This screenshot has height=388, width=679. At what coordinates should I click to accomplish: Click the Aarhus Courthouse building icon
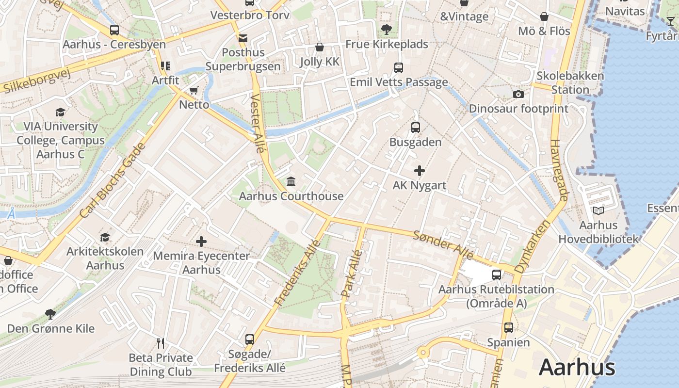coord(291,182)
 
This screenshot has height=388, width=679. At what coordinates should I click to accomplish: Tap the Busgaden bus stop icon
coord(416,128)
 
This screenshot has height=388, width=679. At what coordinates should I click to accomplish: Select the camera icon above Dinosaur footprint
coord(518,94)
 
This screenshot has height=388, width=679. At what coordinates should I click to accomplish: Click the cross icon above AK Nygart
coord(420,171)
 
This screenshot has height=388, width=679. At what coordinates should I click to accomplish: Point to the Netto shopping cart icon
coord(194,90)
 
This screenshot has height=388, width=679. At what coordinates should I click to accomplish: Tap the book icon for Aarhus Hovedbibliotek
coord(598,211)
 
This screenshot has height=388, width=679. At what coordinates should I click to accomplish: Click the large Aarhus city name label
coord(577,367)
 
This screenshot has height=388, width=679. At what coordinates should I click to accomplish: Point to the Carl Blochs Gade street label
coord(113,180)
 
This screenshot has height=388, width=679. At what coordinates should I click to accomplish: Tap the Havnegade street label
coord(558,171)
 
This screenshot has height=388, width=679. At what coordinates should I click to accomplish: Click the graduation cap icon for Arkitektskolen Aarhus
coord(105,237)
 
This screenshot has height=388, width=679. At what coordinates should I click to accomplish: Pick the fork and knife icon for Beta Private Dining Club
coord(161,343)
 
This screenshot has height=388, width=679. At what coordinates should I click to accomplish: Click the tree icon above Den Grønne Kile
coord(50,314)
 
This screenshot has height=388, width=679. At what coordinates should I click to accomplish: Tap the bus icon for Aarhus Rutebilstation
coord(497,275)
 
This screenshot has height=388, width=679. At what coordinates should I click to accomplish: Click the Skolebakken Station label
coord(570,83)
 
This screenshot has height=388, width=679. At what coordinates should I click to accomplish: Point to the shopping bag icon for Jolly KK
coord(320,47)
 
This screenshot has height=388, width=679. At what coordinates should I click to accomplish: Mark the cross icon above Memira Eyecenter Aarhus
coord(201,241)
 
